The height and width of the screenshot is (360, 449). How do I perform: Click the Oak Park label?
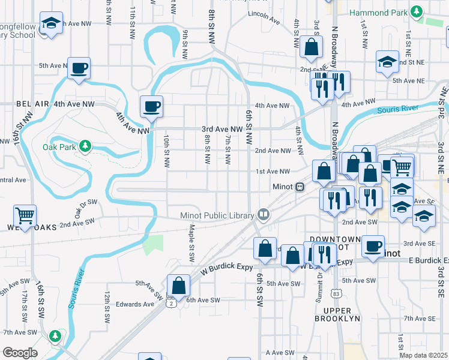(59, 146)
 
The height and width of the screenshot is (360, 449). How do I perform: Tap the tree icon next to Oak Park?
(85, 146)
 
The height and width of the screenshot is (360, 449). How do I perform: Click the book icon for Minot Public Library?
(263, 214)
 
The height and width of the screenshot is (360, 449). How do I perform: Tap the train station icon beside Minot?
(299, 187)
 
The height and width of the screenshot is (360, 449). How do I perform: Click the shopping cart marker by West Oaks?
(25, 215)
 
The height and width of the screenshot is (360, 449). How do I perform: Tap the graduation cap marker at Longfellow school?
(51, 24)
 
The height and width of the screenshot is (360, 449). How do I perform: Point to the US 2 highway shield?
(172, 304)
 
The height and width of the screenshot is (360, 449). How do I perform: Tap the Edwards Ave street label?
(135, 304)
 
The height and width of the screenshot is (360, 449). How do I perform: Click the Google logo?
(20, 353)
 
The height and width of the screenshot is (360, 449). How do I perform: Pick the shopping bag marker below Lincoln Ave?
(312, 47)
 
